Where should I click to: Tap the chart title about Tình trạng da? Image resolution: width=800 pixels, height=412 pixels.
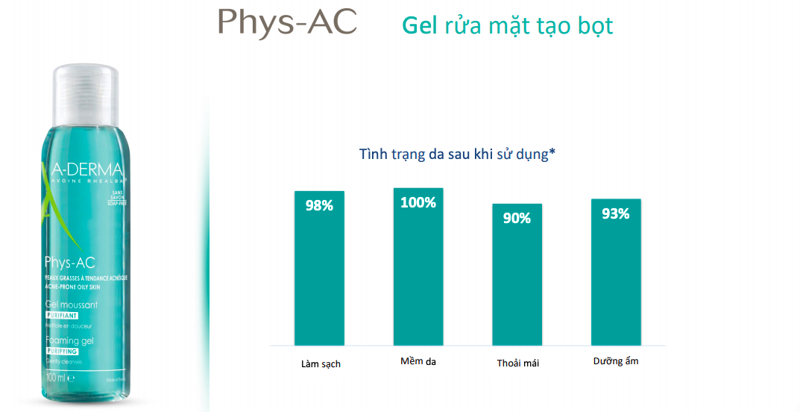click(458, 155)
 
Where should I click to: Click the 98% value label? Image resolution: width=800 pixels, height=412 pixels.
click(319, 205)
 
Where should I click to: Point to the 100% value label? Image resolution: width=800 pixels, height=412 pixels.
click(418, 202)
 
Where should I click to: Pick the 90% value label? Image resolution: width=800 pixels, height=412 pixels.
click(517, 218)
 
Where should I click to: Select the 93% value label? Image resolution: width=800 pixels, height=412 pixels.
click(616, 213)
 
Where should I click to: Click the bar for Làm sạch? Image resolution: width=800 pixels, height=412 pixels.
click(319, 276)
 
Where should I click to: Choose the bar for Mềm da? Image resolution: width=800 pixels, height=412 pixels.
click(418, 276)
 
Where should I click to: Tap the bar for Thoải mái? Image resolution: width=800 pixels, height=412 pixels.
click(517, 284)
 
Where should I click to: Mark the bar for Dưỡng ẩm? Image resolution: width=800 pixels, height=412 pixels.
click(616, 280)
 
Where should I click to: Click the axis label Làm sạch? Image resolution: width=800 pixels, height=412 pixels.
click(321, 364)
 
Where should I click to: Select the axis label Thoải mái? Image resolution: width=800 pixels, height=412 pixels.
click(517, 363)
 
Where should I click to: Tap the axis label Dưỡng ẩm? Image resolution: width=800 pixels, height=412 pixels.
click(616, 361)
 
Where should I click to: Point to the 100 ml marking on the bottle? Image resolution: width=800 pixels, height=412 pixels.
click(58, 378)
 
